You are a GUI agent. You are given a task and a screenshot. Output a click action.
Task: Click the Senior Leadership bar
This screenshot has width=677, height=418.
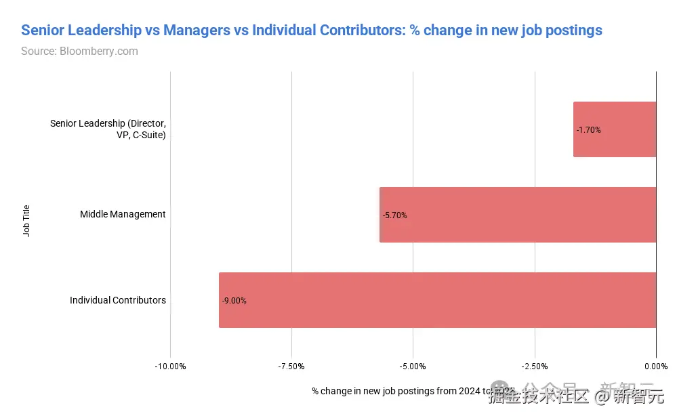(615, 129)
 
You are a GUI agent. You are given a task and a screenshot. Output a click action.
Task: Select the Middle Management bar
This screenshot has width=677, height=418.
(518, 215)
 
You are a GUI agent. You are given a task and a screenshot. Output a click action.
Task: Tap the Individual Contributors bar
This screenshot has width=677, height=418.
(437, 300)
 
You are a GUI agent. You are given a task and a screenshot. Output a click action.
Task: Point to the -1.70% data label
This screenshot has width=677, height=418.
(588, 130)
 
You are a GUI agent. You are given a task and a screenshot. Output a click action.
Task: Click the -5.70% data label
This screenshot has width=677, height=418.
(394, 215)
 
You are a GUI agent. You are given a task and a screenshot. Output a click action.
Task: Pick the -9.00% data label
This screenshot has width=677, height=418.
(234, 301)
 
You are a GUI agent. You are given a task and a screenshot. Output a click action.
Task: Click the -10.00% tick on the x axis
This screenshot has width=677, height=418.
(170, 367)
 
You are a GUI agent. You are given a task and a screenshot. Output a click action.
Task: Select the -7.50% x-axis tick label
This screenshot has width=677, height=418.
(291, 367)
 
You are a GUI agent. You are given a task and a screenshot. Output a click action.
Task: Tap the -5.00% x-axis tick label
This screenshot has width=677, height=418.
(413, 367)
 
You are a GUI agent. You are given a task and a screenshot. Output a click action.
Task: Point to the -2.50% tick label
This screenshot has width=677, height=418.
(535, 367)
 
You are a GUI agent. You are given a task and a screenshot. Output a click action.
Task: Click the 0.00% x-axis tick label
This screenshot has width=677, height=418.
(655, 367)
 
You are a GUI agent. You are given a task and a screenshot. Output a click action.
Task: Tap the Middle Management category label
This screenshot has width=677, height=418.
(123, 214)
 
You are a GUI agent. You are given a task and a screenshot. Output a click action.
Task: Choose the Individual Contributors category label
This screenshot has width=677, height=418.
(118, 300)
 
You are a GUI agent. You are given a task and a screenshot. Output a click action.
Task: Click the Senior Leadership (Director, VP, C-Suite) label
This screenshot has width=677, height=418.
(108, 129)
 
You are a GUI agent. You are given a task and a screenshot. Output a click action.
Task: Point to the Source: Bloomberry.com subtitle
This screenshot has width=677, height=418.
(79, 51)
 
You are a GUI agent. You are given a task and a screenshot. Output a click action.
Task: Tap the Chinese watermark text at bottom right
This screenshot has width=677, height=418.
(576, 395)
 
